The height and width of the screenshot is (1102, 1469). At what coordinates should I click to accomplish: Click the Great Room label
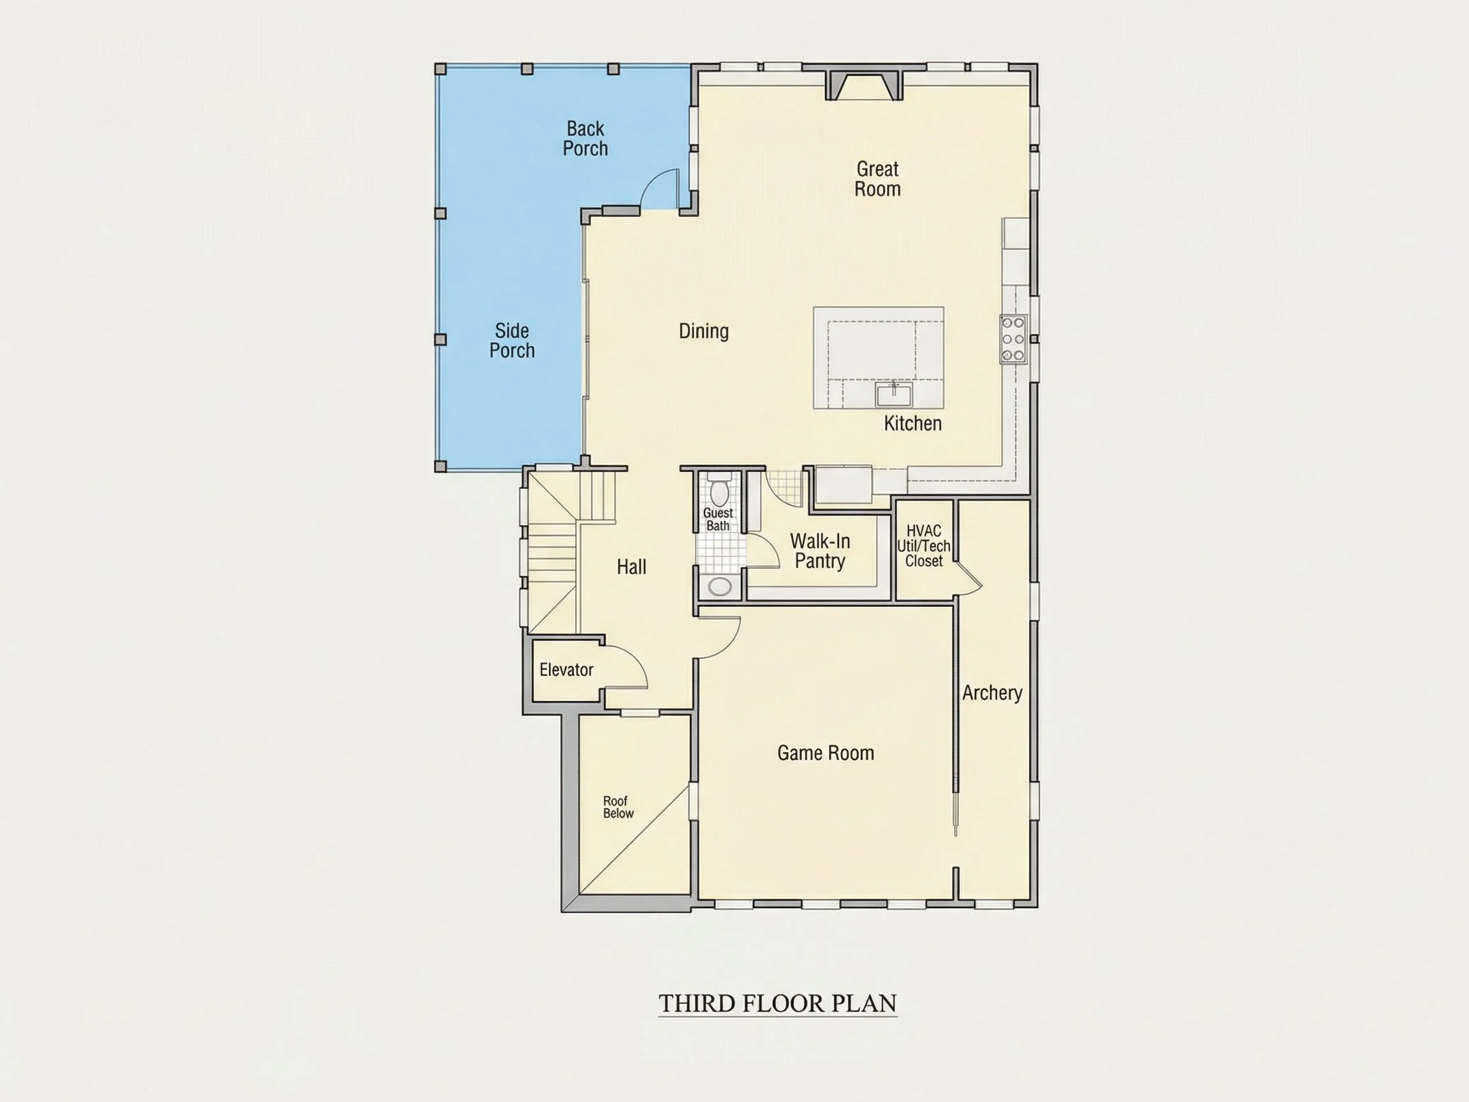877,179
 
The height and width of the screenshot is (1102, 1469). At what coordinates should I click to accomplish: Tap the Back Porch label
585,138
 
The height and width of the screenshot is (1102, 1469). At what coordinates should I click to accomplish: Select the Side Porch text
512,340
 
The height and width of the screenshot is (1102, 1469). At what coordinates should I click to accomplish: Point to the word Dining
703,331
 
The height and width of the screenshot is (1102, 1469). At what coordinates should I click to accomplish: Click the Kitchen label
912,423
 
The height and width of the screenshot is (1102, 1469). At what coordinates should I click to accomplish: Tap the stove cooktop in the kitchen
1013,339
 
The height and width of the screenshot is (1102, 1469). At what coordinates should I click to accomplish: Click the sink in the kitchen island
894,395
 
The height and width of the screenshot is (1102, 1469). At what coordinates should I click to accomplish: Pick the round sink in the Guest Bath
720,587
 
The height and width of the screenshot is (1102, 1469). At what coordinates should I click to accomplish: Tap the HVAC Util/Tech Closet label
924,546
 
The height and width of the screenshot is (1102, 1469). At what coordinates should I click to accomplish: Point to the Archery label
992,693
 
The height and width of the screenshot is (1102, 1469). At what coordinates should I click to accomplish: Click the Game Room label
826,753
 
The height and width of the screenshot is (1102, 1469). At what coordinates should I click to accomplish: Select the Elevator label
566,670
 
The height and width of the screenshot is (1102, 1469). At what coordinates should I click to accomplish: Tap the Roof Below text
618,807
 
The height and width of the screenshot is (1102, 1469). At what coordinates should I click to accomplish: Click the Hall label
631,566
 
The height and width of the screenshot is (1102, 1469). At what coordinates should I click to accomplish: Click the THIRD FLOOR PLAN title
778,1003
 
